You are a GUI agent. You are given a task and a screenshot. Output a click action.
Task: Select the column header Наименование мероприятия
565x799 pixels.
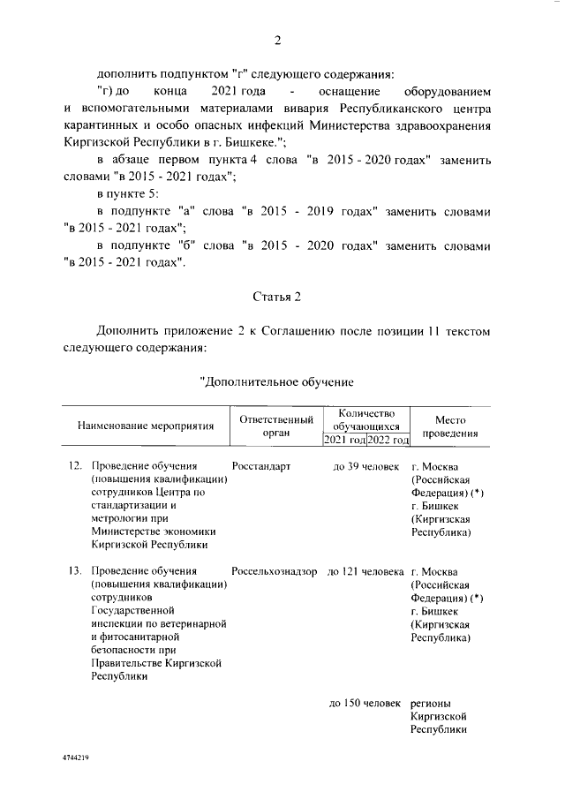coord(147,426)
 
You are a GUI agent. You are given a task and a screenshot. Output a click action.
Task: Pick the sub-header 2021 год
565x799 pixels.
coord(344,440)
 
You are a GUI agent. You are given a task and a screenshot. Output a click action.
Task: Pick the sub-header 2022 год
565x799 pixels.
coord(388,440)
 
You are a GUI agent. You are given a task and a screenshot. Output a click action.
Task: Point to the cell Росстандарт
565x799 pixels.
coord(261,467)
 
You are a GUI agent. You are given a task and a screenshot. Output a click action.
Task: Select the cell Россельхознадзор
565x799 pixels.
coord(275,571)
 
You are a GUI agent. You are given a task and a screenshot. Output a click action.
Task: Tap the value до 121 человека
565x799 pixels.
coord(365,571)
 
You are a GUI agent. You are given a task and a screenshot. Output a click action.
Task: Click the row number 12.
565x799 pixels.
coord(75,467)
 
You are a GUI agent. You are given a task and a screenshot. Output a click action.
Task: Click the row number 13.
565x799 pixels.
coord(75,571)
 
